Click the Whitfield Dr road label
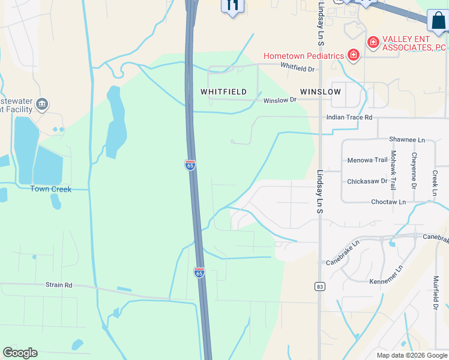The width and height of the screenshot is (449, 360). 297,69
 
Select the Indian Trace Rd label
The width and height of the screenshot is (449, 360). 349,118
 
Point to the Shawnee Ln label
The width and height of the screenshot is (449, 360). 406,140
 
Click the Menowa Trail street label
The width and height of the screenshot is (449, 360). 367,160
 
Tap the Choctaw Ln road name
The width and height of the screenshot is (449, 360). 388,202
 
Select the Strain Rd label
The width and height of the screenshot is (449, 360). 59,285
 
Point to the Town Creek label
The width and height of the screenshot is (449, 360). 51,189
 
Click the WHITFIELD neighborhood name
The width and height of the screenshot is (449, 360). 223,92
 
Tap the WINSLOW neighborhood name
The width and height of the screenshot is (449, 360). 321,92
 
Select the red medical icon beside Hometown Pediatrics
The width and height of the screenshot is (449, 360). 354,56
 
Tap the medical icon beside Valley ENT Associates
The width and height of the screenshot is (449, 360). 373,41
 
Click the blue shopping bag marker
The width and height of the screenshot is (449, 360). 438,20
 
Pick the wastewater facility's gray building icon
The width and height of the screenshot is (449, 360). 42,105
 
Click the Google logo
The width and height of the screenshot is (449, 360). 20,353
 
